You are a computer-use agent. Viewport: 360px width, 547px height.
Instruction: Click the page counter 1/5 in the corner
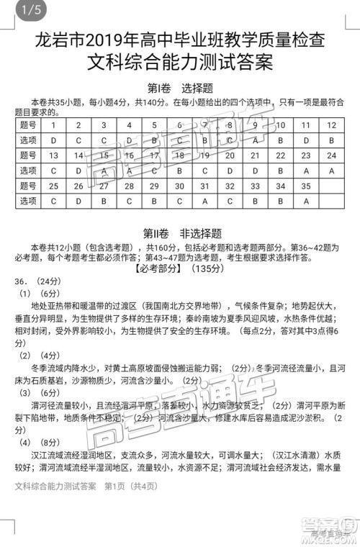click(x=14, y=10)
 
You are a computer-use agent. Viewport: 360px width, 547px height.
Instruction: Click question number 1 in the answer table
click(x=53, y=125)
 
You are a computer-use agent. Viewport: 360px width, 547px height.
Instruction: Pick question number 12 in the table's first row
click(x=331, y=125)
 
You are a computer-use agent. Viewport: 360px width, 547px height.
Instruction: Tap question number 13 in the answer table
click(x=53, y=155)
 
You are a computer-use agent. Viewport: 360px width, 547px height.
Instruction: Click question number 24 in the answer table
click(x=331, y=155)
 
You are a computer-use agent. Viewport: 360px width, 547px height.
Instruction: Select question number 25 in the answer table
click(x=53, y=186)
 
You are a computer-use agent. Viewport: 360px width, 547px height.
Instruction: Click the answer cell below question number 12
click(x=331, y=140)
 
